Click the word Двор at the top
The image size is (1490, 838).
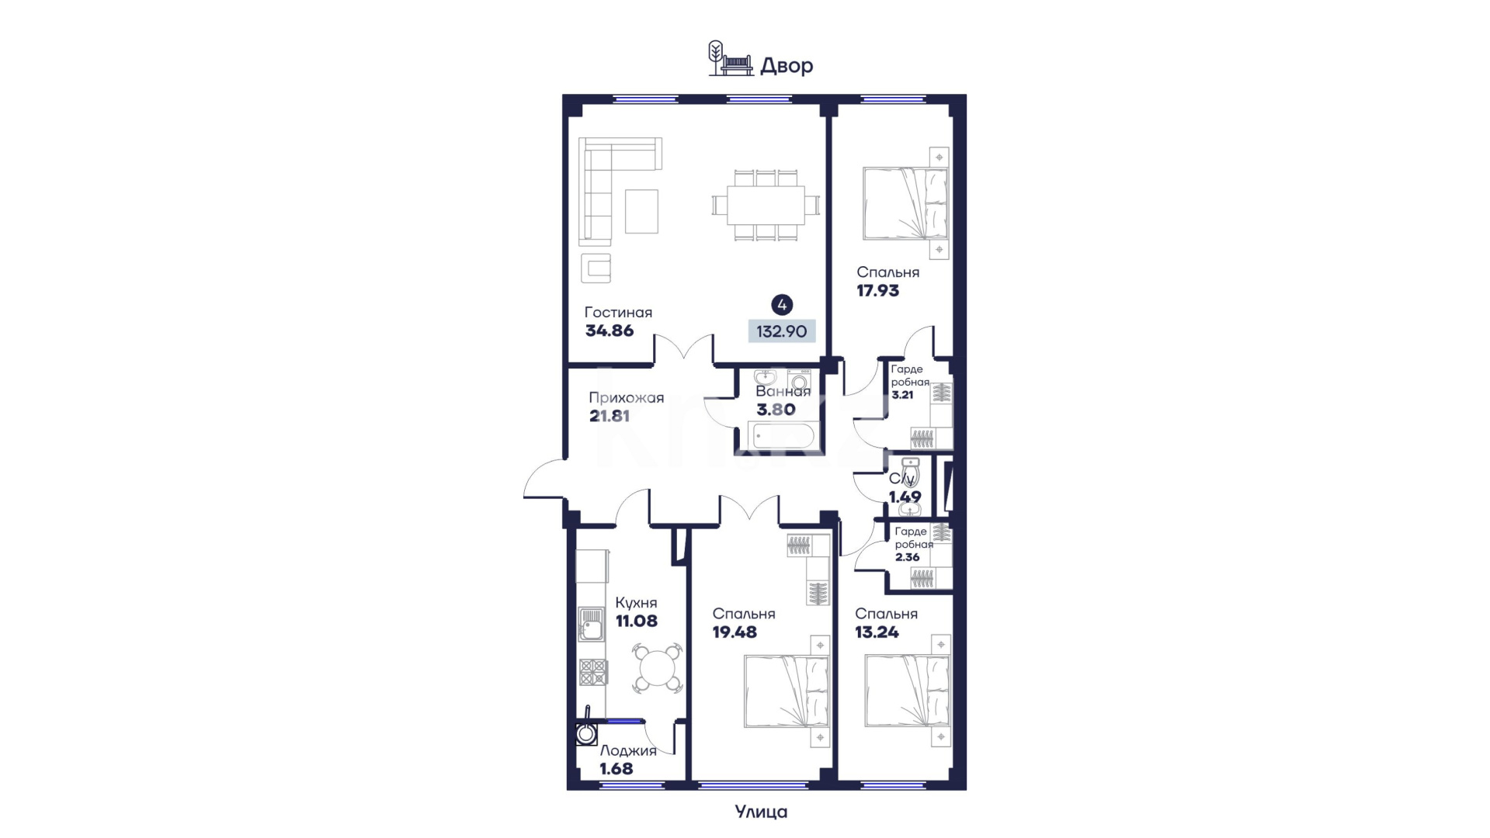coord(787,66)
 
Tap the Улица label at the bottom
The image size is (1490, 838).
coord(761,812)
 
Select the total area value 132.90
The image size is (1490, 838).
coord(782,331)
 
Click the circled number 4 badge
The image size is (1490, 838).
coord(782,305)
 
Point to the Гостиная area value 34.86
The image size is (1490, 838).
coord(610,331)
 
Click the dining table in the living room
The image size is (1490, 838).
coord(766,206)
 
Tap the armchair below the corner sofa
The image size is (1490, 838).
coord(596,268)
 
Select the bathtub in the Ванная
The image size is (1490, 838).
coord(782,436)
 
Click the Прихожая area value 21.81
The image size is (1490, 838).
coord(610,416)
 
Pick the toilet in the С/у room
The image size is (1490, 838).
coord(910,472)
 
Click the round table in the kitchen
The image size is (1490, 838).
coord(658,667)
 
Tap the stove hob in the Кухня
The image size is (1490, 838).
coord(593,672)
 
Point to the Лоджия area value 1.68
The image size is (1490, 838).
coord(616,769)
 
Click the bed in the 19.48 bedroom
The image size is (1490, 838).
coord(787,691)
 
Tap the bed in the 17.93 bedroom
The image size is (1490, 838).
coord(906,203)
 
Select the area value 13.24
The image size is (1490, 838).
coord(877,632)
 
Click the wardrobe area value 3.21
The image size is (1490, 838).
coord(902,394)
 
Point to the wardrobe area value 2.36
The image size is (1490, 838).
coord(907,557)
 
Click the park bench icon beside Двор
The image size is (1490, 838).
coord(736,66)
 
